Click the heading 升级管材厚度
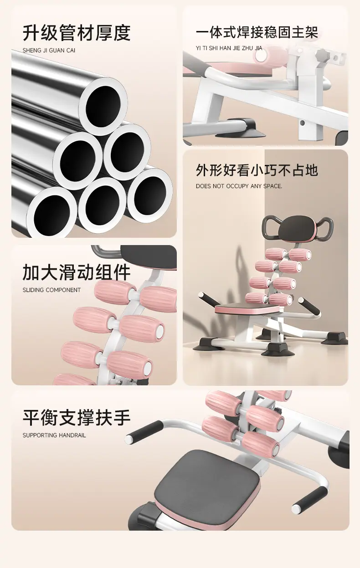(x=77, y=33)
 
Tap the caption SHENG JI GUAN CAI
(x=49, y=51)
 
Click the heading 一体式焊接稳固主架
(x=257, y=33)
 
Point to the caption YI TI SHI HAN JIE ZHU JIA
(x=229, y=48)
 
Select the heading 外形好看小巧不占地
(x=257, y=170)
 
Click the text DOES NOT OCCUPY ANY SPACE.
(x=239, y=186)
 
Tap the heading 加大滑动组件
(x=77, y=272)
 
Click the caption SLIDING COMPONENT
(x=52, y=290)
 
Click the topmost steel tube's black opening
(x=103, y=106)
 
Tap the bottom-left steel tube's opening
(x=52, y=215)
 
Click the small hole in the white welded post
(x=302, y=123)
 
